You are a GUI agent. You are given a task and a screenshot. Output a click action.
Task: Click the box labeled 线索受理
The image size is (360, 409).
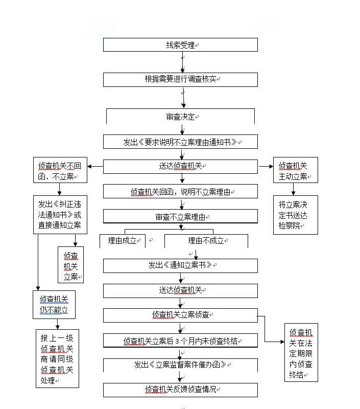click(180, 45)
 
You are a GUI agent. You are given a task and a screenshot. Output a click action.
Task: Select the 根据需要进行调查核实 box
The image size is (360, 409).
click(180, 80)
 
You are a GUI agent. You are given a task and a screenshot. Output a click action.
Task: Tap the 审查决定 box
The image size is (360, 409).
click(180, 117)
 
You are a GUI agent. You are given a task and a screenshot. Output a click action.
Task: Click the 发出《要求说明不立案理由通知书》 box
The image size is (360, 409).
click(180, 142)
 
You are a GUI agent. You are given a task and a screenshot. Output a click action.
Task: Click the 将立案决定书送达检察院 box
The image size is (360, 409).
click(295, 215)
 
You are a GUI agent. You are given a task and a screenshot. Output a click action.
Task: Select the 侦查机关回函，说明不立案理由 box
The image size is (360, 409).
click(180, 192)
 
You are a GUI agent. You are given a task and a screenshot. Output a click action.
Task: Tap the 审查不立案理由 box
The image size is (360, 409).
click(180, 217)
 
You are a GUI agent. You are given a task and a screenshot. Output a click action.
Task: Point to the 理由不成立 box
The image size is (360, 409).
click(206, 241)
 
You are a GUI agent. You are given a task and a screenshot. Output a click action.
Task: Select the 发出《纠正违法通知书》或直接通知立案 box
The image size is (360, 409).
click(60, 215)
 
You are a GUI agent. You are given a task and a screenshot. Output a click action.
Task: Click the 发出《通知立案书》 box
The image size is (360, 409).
click(180, 265)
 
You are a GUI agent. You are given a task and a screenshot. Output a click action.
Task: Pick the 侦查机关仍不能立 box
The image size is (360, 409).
click(54, 305)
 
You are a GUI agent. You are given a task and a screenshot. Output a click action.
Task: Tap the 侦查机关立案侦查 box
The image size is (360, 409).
click(180, 315)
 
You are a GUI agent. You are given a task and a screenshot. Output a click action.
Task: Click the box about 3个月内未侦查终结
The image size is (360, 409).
click(180, 340)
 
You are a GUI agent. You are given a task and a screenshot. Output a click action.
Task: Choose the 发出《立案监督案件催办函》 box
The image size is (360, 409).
click(180, 365)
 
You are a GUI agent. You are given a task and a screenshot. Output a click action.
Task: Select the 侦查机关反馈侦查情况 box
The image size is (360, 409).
click(180, 390)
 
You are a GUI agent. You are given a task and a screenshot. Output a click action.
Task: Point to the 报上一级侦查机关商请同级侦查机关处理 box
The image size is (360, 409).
click(57, 359)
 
